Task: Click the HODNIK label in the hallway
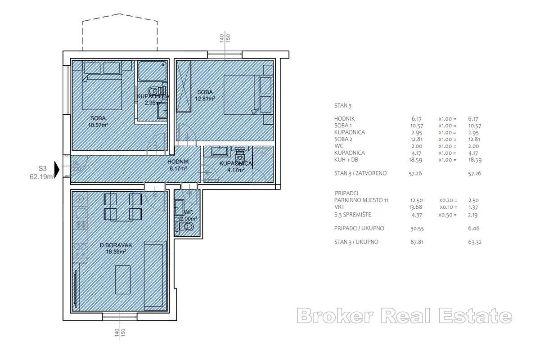pyautogui.click(x=178, y=162)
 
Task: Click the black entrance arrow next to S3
pyautogui.click(x=56, y=168)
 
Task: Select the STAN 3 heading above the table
pyautogui.click(x=342, y=106)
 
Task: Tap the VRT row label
pyautogui.click(x=339, y=207)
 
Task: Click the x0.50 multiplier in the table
pyautogui.click(x=448, y=214)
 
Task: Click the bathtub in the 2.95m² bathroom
pyautogui.click(x=151, y=71)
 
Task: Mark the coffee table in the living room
pyautogui.click(x=123, y=279)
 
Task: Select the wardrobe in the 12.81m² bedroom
pyautogui.click(x=184, y=86)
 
